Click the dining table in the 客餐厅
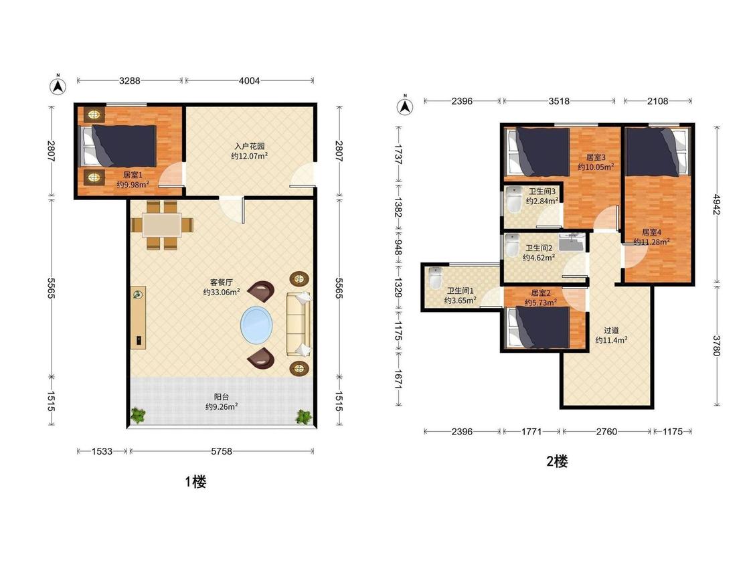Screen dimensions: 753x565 tap(163, 225)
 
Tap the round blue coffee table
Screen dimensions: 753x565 tap(256, 325)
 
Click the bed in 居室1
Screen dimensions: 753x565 tap(118, 145)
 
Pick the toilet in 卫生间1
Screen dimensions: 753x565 tap(435, 278)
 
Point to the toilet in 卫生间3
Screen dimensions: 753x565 tap(514, 200)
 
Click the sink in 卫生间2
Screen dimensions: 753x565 tap(572, 242)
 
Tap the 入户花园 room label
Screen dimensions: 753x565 tap(250, 146)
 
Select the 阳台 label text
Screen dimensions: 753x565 tap(222, 397)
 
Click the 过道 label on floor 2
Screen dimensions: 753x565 tap(611, 331)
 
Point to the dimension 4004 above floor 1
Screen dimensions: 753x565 tap(249, 81)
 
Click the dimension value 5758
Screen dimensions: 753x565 tap(222, 451)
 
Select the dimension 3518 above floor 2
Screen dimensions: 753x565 tap(559, 101)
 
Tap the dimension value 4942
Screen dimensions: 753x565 tap(716, 204)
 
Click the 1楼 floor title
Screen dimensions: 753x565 tap(196, 481)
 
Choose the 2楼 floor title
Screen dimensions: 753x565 tap(557, 461)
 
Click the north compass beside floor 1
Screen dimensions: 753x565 tap(58, 86)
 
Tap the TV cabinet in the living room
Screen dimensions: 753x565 tap(139, 317)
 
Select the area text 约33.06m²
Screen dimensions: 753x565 tap(222, 292)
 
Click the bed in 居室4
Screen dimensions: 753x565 tap(657, 151)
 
